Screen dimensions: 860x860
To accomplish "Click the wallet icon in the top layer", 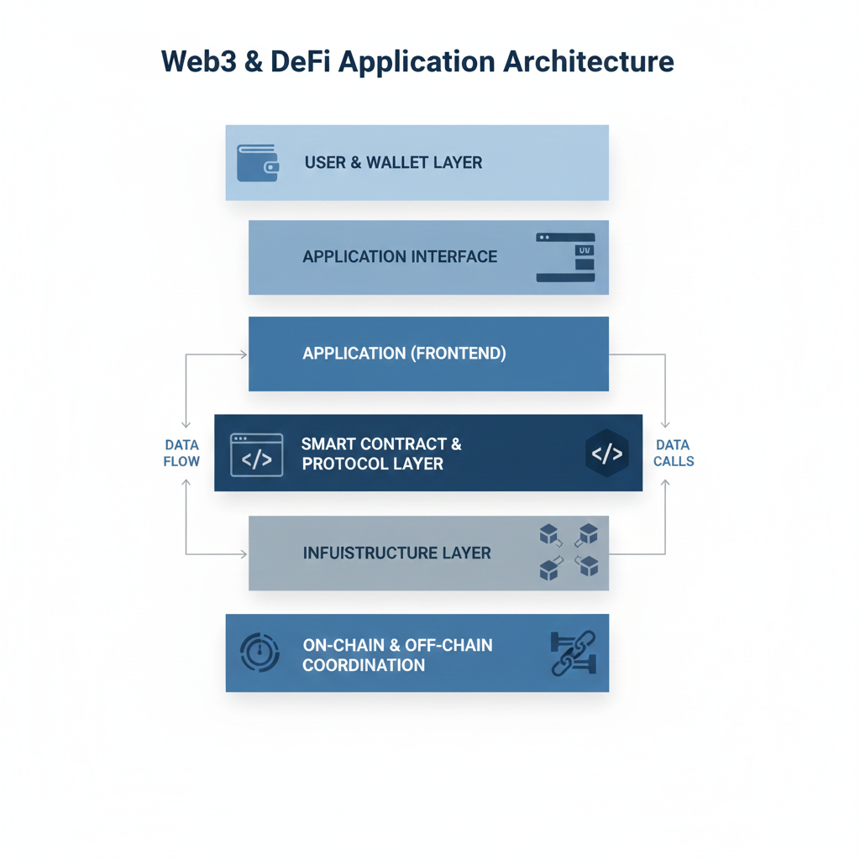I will point(258,163).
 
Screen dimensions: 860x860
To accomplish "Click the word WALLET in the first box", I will point(398,162).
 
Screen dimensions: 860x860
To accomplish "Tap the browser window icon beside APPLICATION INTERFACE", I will point(565,257).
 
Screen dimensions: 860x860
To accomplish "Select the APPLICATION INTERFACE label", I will point(400,257).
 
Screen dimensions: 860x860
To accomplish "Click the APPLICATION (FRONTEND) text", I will point(404,354).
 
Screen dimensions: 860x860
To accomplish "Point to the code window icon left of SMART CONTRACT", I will point(256,455).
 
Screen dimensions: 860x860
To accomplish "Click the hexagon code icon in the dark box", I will point(606,454).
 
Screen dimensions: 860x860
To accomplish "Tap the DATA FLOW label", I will point(182,453).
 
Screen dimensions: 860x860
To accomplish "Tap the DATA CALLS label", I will point(674,453).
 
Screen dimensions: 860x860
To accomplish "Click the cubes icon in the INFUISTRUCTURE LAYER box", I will point(568,553).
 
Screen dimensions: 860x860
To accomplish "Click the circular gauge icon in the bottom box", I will point(260,653).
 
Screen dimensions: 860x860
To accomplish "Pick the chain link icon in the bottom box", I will point(572,653).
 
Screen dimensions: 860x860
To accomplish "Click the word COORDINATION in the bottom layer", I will point(364,665).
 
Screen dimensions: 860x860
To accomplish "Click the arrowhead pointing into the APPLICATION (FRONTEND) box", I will point(244,354).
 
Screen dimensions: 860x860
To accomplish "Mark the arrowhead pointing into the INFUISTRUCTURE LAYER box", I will point(244,554).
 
